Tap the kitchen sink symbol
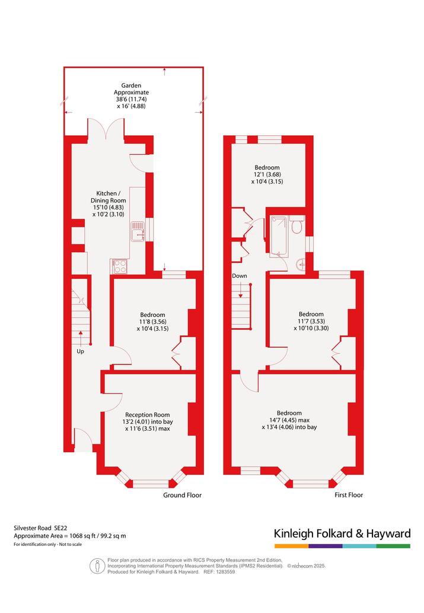[138, 231]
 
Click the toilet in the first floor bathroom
[297, 224]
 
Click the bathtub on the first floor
[279, 237]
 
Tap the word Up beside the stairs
[80, 351]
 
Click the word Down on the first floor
[240, 275]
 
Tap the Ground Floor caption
[182, 495]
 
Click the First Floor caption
[349, 495]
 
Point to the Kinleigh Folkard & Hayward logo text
[342, 533]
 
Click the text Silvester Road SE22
[38, 528]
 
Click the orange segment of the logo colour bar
[291, 546]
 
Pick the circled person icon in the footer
[97, 566]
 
